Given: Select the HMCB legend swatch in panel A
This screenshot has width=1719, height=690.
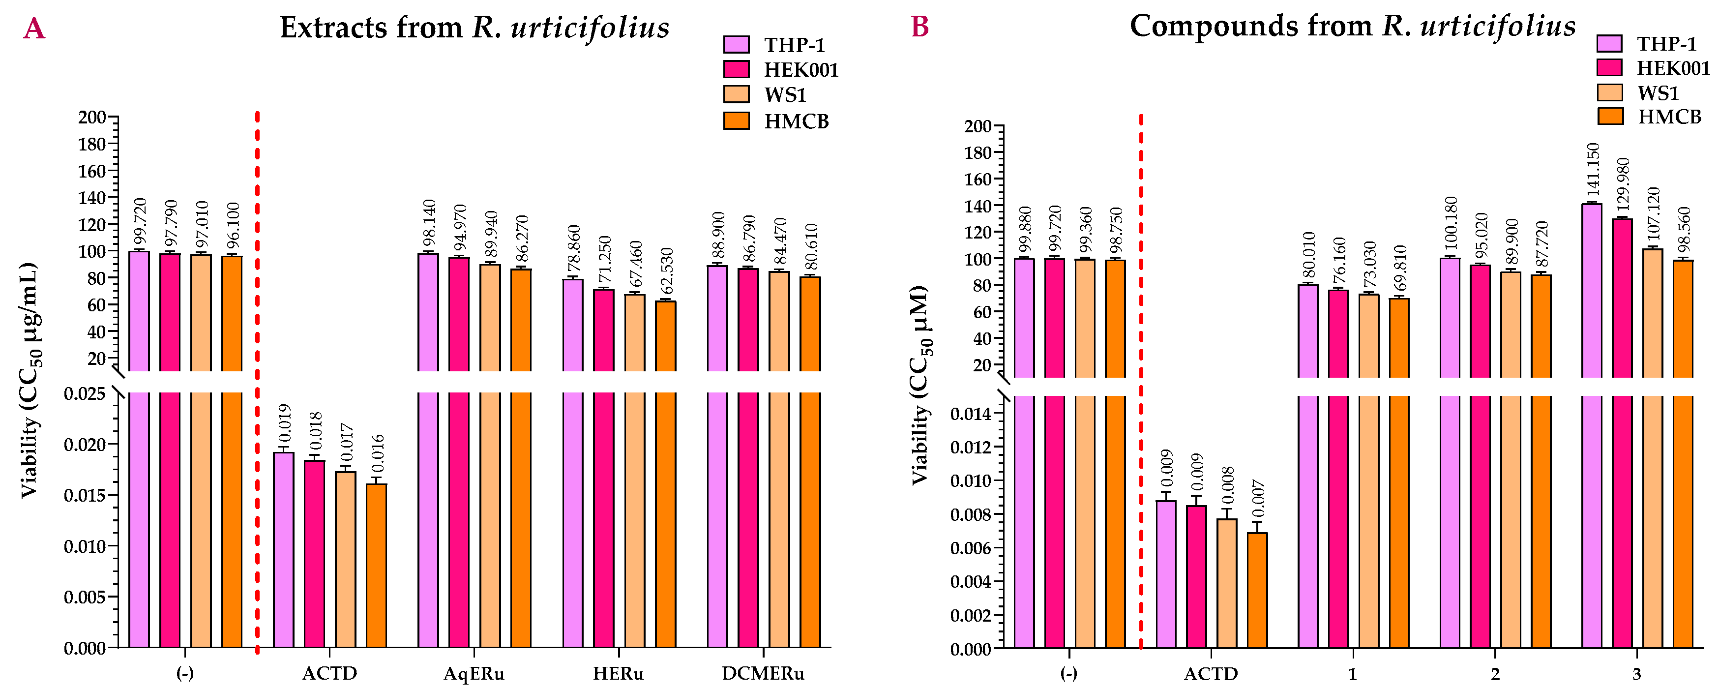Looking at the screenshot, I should tap(736, 121).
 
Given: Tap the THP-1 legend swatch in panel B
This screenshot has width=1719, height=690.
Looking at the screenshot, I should tap(1609, 43).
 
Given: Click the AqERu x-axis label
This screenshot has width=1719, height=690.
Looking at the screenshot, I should tap(474, 674).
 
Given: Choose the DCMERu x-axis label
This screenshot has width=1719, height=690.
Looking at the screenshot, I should tap(763, 674).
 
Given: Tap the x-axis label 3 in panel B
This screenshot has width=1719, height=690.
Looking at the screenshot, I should tap(1637, 674).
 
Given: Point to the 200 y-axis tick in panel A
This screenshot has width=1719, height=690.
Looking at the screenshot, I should tap(92, 118).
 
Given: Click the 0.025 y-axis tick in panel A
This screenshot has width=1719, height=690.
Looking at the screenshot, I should tap(85, 394).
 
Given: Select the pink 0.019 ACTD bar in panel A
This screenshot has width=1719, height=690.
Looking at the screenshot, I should tap(284, 550).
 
